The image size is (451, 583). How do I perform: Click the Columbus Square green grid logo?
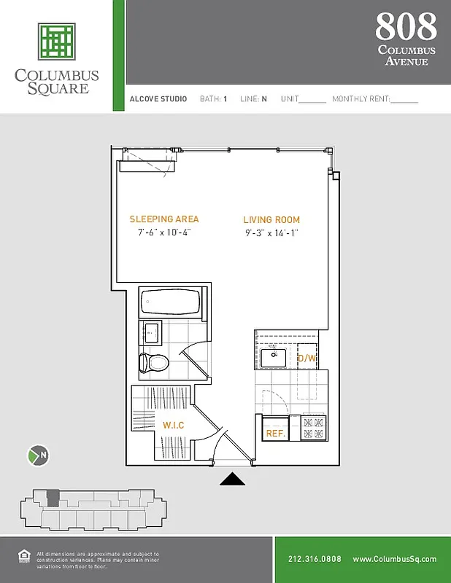coord(57,42)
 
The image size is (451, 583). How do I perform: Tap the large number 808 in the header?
coord(406,27)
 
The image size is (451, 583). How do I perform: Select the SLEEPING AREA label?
coord(163,219)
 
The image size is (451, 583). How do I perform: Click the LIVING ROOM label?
coord(271,220)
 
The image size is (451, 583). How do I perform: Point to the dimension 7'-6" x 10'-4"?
coord(163,233)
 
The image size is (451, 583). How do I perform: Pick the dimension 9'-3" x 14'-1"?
coord(271,233)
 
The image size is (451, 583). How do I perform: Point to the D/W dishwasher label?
coord(307,359)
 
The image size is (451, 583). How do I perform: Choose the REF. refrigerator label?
coord(274,433)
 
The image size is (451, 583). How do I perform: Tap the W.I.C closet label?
coord(173,425)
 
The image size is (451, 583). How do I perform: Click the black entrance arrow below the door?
coord(233,479)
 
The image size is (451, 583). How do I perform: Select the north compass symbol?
coord(37,456)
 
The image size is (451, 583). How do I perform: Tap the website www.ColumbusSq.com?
coord(394,559)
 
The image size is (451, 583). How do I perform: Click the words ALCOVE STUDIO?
coord(158,99)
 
